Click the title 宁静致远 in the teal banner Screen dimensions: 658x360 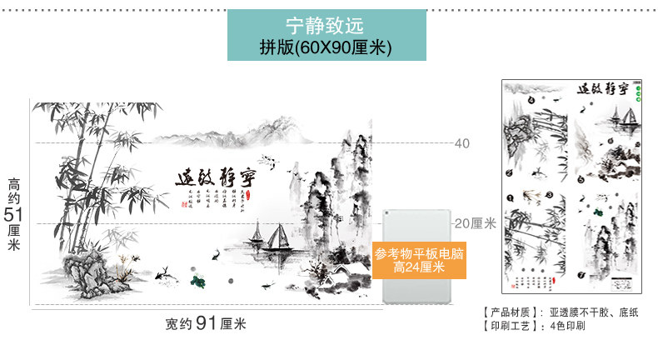(x=327, y=26)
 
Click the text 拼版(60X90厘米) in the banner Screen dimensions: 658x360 (x=327, y=47)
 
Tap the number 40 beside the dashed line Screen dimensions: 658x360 (x=462, y=143)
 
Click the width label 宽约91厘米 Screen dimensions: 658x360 (x=205, y=324)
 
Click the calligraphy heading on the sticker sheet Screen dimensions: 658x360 (x=601, y=90)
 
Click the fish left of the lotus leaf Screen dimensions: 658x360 (x=164, y=270)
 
